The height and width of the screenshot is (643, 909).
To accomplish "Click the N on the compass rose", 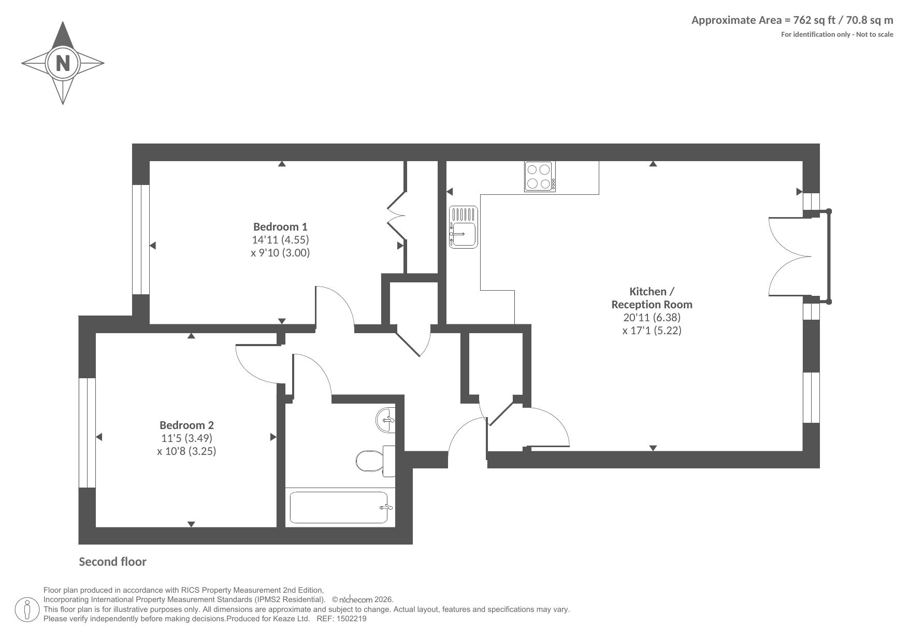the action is click(x=63, y=63).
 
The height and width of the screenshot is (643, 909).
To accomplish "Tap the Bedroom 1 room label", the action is click(x=280, y=226).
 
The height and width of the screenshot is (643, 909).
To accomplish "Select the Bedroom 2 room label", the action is click(x=186, y=425).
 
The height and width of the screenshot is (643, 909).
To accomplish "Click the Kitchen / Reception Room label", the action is click(x=652, y=298).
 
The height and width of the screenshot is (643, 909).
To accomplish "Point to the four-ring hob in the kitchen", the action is click(x=540, y=176).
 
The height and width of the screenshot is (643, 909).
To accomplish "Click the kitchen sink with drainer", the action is click(x=464, y=227).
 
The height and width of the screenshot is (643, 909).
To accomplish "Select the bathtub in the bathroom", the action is click(x=339, y=507).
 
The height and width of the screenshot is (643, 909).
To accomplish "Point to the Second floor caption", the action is click(x=112, y=562).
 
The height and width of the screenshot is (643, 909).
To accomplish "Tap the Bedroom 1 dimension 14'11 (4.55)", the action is click(x=280, y=239).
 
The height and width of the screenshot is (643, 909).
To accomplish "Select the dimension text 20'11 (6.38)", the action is click(x=652, y=317).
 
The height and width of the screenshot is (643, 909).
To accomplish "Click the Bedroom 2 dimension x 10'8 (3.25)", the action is click(x=186, y=451).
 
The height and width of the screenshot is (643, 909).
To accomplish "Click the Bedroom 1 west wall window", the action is click(x=141, y=239).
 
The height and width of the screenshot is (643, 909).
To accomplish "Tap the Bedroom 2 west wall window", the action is click(x=87, y=433).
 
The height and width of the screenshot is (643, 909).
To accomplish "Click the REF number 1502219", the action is click(x=352, y=619).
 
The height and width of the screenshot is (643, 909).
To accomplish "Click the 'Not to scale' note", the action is click(x=874, y=35).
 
